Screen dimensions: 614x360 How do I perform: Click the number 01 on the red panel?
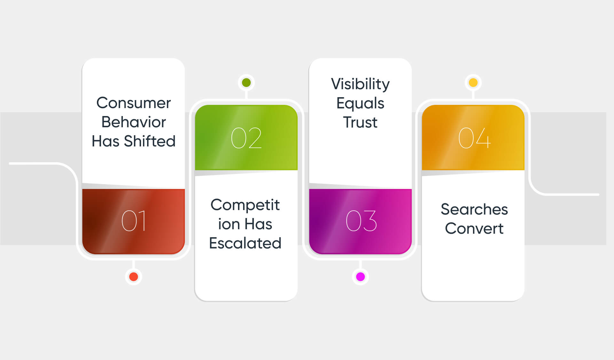click(134, 221)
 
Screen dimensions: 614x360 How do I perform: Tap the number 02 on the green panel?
click(246, 138)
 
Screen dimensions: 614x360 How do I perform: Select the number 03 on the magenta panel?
click(361, 221)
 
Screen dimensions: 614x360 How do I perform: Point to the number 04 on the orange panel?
click(474, 138)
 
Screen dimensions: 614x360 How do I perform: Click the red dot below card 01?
click(134, 277)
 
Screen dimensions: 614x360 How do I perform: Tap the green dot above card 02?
click(246, 83)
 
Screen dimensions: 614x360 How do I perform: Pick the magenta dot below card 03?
click(360, 277)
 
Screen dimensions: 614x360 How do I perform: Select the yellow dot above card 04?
click(473, 83)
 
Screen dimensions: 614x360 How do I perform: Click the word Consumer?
click(134, 103)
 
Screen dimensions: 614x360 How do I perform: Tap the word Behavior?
click(134, 122)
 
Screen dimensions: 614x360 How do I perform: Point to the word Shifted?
click(150, 141)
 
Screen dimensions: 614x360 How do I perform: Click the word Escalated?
click(245, 243)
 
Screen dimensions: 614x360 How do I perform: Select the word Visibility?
click(360, 84)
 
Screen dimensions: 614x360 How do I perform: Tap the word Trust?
click(360, 122)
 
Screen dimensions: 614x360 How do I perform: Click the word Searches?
click(474, 209)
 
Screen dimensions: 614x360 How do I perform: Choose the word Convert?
click(474, 228)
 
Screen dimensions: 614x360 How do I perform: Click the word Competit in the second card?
click(245, 205)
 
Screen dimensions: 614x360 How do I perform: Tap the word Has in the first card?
click(106, 141)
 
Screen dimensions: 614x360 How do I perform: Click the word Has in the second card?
click(259, 224)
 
